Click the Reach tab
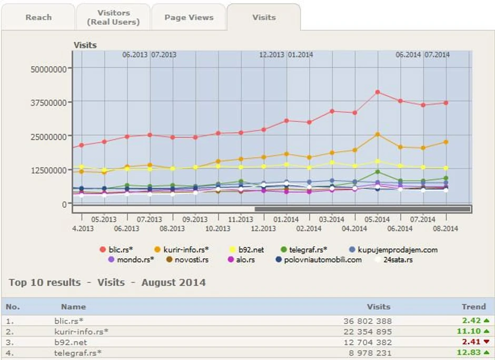point(38,17)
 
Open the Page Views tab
point(189,17)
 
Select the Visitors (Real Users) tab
point(113,17)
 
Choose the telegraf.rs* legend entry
point(308,250)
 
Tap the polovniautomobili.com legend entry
point(323,259)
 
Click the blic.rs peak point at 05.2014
point(378,92)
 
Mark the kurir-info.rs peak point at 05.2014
point(378,134)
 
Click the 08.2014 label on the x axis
point(445,228)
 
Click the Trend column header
point(473,306)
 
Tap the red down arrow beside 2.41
point(487,342)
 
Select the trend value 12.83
point(470,353)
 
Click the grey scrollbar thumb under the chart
point(362,209)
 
